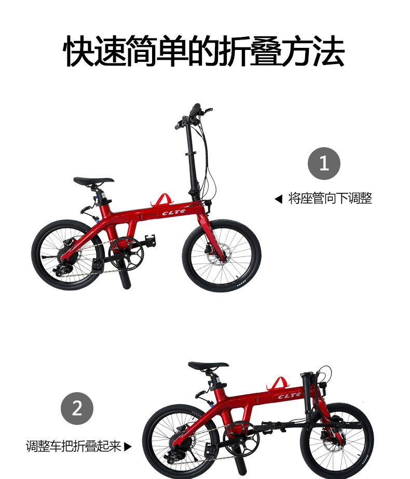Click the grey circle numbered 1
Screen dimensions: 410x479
[324, 163]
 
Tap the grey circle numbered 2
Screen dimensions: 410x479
[77, 408]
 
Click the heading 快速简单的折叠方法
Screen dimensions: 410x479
[204, 51]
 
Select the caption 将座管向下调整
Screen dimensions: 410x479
[330, 199]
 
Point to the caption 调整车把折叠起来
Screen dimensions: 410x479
[74, 446]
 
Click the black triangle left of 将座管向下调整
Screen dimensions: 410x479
[278, 199]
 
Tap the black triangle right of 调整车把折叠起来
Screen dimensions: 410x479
[128, 447]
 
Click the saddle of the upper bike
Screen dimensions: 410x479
[93, 180]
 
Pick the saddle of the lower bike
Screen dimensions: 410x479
[208, 365]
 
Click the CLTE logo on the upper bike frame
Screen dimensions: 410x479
[174, 212]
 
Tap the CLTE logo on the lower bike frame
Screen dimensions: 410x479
[290, 396]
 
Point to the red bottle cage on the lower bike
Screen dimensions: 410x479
[277, 384]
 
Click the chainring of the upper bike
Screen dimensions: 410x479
[126, 253]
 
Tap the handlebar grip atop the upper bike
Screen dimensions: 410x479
[195, 110]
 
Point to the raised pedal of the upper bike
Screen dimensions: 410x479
[150, 240]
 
